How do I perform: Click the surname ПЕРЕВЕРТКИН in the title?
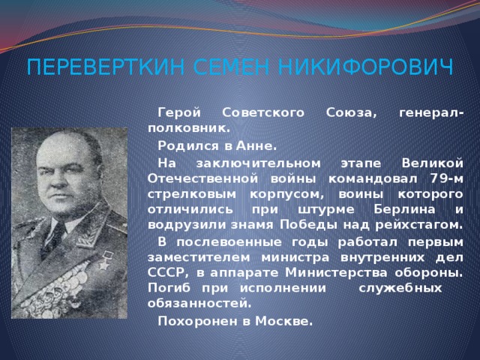(x=106, y=67)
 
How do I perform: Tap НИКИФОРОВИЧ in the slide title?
(x=365, y=67)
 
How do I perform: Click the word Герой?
(x=179, y=113)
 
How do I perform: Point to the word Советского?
(x=263, y=113)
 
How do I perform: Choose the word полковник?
(x=188, y=128)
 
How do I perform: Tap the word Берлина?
(x=404, y=210)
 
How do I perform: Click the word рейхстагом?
(x=418, y=226)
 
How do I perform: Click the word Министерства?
(x=336, y=273)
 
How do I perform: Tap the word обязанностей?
(x=199, y=304)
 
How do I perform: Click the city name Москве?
(x=283, y=322)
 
